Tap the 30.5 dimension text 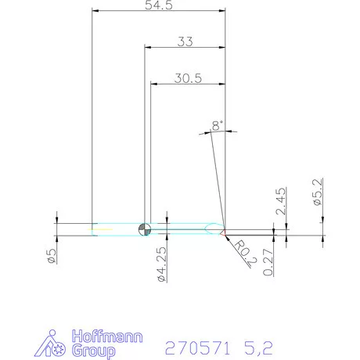tap(188, 77)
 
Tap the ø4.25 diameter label tap(160, 263)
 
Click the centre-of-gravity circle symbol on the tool tap(144, 229)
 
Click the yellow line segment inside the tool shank tap(100, 229)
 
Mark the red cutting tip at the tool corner tap(225, 232)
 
